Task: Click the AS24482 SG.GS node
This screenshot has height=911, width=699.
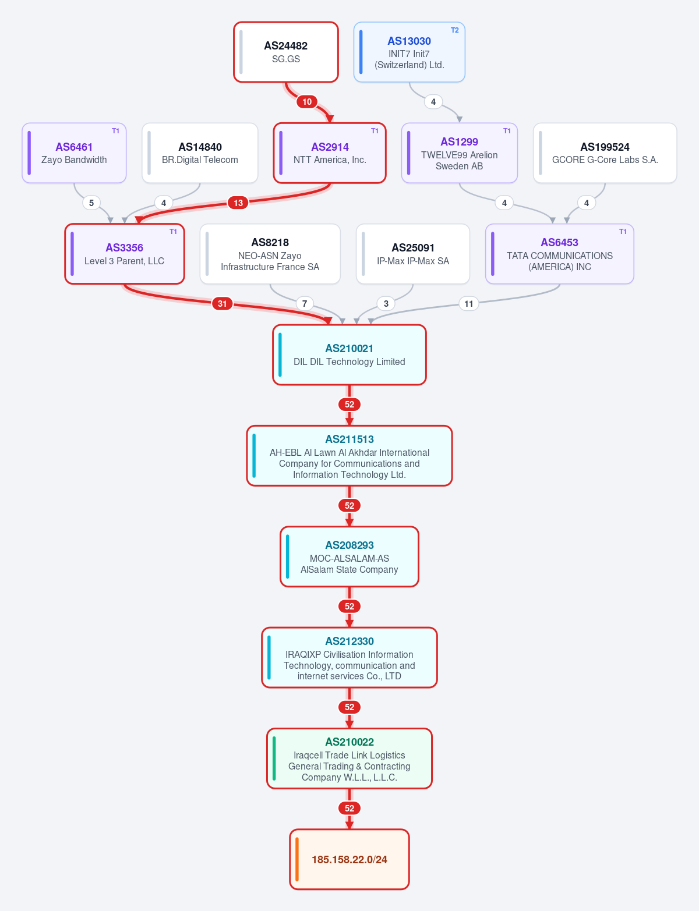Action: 285,52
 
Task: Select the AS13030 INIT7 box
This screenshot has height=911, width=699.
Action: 409,52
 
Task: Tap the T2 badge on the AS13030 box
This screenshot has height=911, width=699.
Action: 454,30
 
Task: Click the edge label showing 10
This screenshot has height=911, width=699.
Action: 307,101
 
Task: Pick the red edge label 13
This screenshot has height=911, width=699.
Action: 238,203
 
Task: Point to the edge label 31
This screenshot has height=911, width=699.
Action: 223,303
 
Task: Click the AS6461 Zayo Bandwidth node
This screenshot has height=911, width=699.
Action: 74,153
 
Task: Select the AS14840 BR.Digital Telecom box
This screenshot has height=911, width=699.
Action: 200,153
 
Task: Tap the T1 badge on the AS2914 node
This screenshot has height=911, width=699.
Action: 375,131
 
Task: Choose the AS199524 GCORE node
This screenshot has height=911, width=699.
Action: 605,153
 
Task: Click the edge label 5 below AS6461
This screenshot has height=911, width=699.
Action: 91,203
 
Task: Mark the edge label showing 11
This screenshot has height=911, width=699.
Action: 469,303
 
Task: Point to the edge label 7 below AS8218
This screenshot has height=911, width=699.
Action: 305,303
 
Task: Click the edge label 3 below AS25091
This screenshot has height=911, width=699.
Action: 386,303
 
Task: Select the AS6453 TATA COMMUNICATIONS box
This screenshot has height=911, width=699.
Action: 559,254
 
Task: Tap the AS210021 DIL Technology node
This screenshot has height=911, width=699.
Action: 349,355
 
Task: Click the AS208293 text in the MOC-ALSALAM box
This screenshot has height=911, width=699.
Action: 349,545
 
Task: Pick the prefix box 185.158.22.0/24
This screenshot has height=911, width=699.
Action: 349,859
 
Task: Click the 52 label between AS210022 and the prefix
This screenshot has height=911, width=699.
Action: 349,809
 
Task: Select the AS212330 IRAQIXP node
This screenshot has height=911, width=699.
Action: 349,657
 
